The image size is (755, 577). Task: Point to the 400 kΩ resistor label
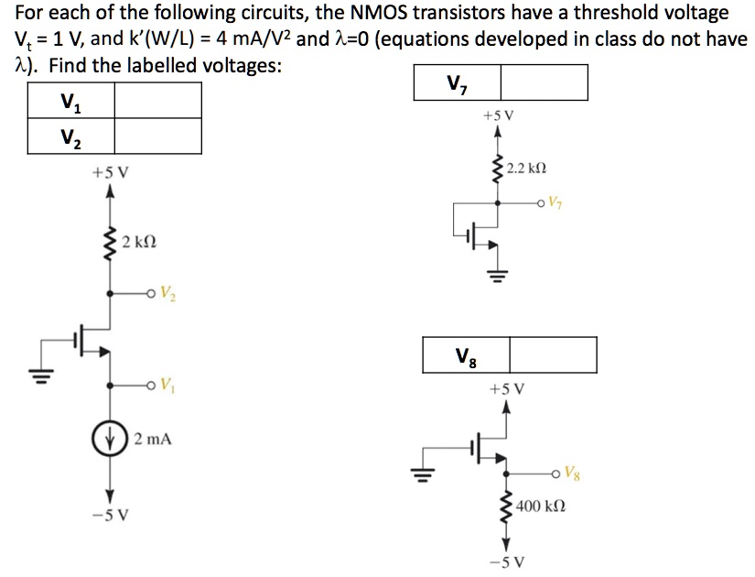[x=540, y=506]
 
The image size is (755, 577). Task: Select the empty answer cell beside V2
[x=156, y=136]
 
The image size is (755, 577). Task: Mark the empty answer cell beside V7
[x=544, y=82]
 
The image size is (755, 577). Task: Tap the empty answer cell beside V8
[x=553, y=354]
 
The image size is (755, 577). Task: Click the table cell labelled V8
[x=465, y=354]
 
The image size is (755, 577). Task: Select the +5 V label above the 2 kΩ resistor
[x=110, y=171]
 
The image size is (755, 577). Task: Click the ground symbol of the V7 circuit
[x=498, y=275]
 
